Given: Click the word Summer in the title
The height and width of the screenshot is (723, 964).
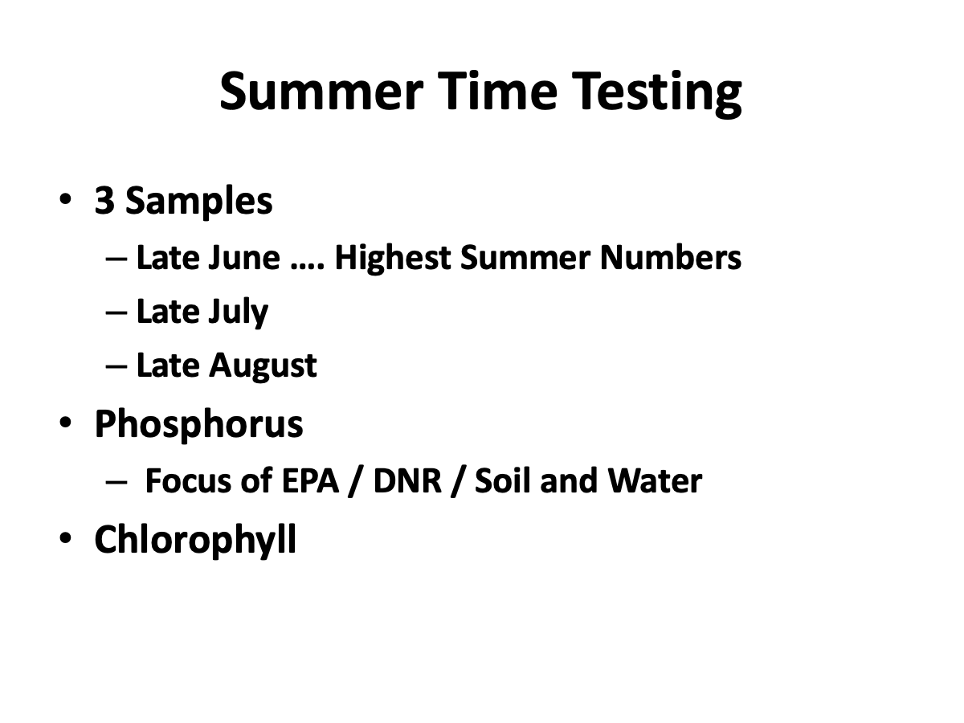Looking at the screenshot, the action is coord(321,92).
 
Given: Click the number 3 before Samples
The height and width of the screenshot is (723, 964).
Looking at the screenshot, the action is coord(105,200).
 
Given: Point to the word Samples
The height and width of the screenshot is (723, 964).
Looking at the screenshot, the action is coord(199,202).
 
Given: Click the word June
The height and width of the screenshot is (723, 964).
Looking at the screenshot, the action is coord(244,257).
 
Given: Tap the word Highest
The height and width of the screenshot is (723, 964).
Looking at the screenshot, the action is coord(393,259).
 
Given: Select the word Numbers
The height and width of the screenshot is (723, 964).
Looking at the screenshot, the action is coord(671,257).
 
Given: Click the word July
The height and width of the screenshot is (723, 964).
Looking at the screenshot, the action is coord(238,312).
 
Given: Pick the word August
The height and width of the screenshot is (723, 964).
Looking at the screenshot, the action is coord(263,366).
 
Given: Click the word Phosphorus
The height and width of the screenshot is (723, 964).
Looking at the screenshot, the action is coord(199,424).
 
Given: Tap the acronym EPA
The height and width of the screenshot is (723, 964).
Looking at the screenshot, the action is coord(310,480).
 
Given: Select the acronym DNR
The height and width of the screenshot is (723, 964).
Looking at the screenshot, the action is coord(407,480).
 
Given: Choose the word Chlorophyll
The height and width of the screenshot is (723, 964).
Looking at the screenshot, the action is coord(195,540).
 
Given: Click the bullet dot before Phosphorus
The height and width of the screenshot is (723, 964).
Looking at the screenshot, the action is coord(65,423).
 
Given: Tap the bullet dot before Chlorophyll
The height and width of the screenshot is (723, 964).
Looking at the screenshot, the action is coord(65,537).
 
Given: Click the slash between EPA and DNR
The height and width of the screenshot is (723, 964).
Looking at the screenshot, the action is coord(356,481).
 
